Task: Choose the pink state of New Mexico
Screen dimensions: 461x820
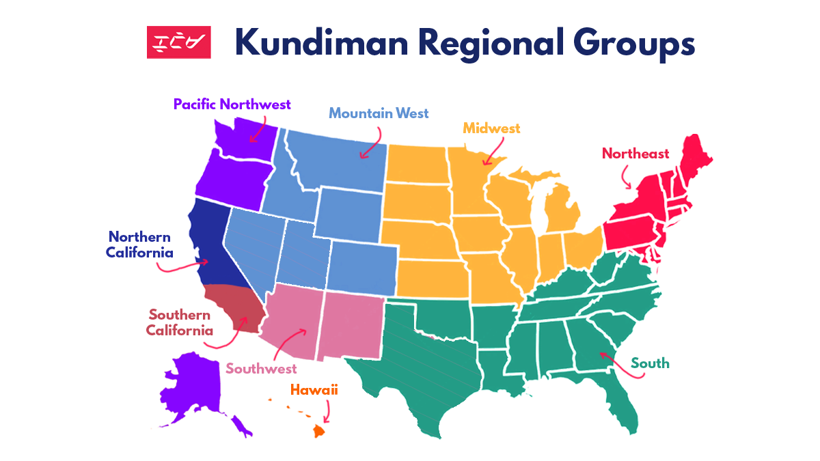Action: coord(352,324)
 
